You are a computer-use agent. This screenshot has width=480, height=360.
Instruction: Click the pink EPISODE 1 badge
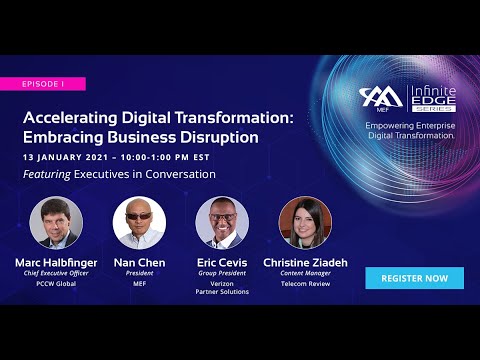coord(43,84)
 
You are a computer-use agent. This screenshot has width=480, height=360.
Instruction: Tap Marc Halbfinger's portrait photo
coord(57,223)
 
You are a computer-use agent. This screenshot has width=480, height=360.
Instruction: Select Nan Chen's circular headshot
coord(139,223)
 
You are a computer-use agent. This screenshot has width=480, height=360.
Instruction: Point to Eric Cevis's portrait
coord(222,223)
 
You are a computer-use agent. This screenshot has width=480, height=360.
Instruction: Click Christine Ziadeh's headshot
coord(305,223)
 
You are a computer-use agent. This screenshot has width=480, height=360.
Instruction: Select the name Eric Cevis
coord(222,262)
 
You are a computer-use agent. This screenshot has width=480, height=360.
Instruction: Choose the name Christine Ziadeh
coord(306,262)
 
